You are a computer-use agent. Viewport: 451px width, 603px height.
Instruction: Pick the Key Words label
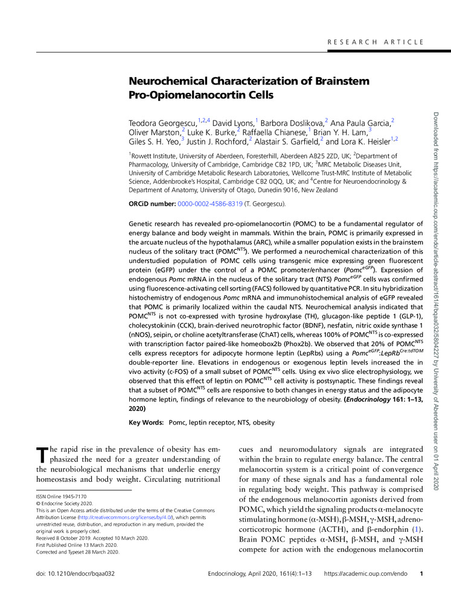[147, 422]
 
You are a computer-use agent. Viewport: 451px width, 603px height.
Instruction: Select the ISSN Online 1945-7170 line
[53, 496]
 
